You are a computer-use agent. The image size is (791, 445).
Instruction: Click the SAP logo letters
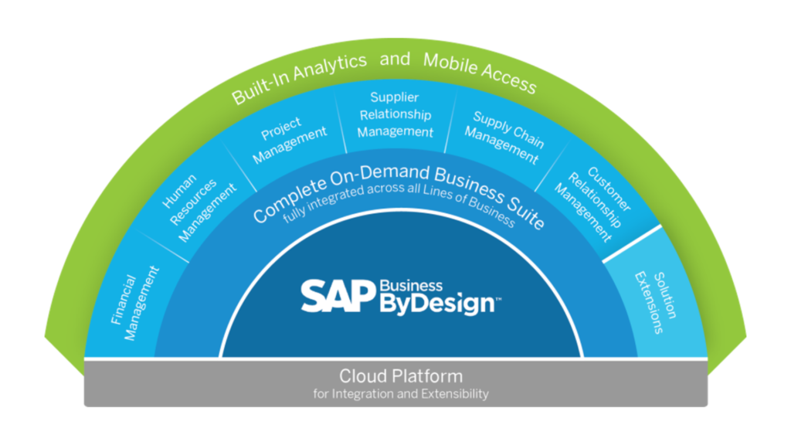click(x=338, y=296)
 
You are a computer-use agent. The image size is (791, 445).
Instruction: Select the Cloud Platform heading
click(x=400, y=376)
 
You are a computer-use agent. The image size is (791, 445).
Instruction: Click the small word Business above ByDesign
click(x=411, y=286)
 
